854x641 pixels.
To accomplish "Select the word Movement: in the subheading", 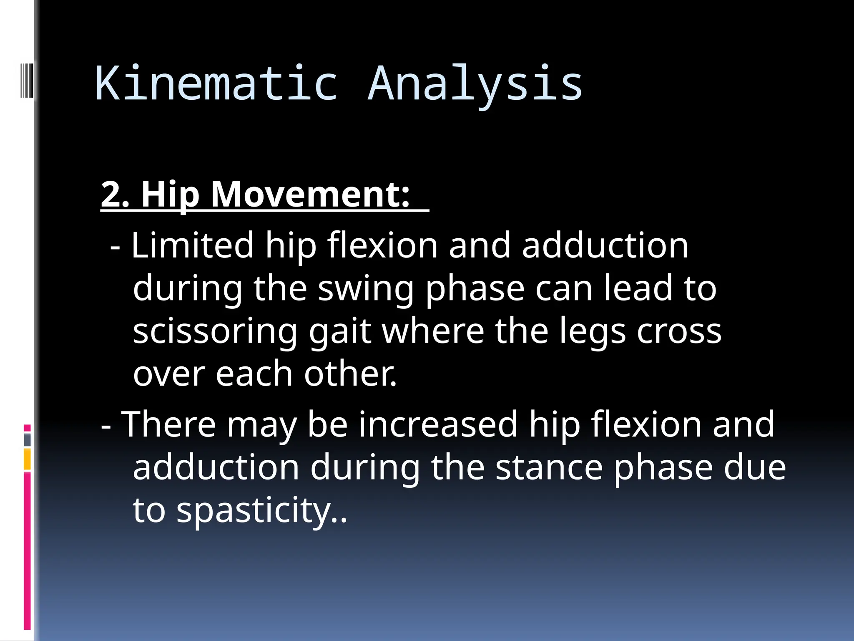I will tap(310, 195).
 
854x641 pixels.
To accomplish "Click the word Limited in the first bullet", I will tap(192, 246).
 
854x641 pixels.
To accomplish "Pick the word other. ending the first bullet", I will tap(350, 374).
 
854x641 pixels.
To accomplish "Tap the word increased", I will tap(438, 425).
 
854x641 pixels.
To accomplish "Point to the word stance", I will tap(549, 468).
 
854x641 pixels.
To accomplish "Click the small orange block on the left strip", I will tap(27, 459).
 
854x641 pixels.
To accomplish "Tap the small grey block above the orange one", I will tap(27, 440).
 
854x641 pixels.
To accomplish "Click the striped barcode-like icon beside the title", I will tap(27, 80).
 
